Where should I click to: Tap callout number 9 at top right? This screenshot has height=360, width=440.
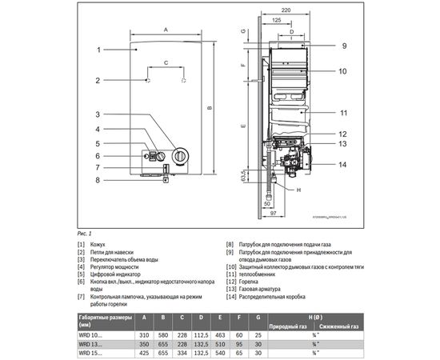click(x=342, y=46)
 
